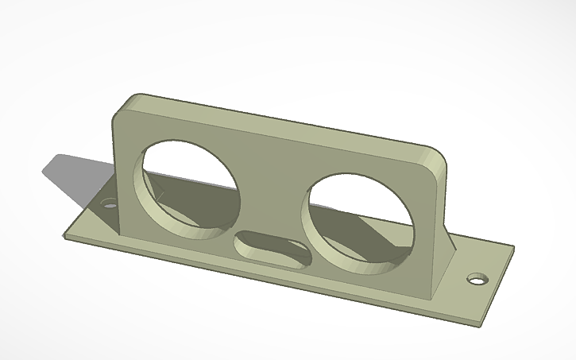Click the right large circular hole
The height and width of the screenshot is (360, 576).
coord(359,219)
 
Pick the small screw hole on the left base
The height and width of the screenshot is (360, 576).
coord(110,204)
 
